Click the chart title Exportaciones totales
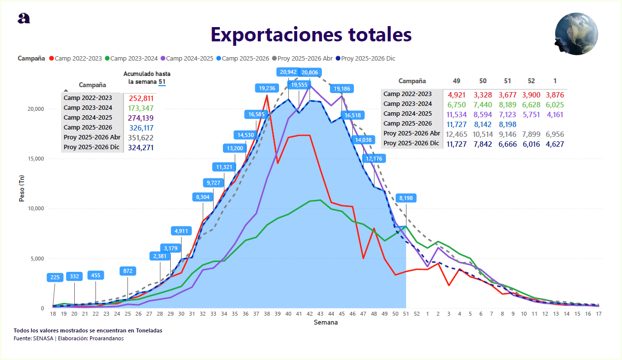coord(311,35)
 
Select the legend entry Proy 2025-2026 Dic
coord(368,59)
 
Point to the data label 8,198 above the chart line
coord(406,198)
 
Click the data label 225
coord(55,277)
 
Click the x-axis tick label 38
coord(267,314)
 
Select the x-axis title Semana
coord(326,323)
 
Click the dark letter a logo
coord(24,18)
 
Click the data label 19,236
coord(267,88)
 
